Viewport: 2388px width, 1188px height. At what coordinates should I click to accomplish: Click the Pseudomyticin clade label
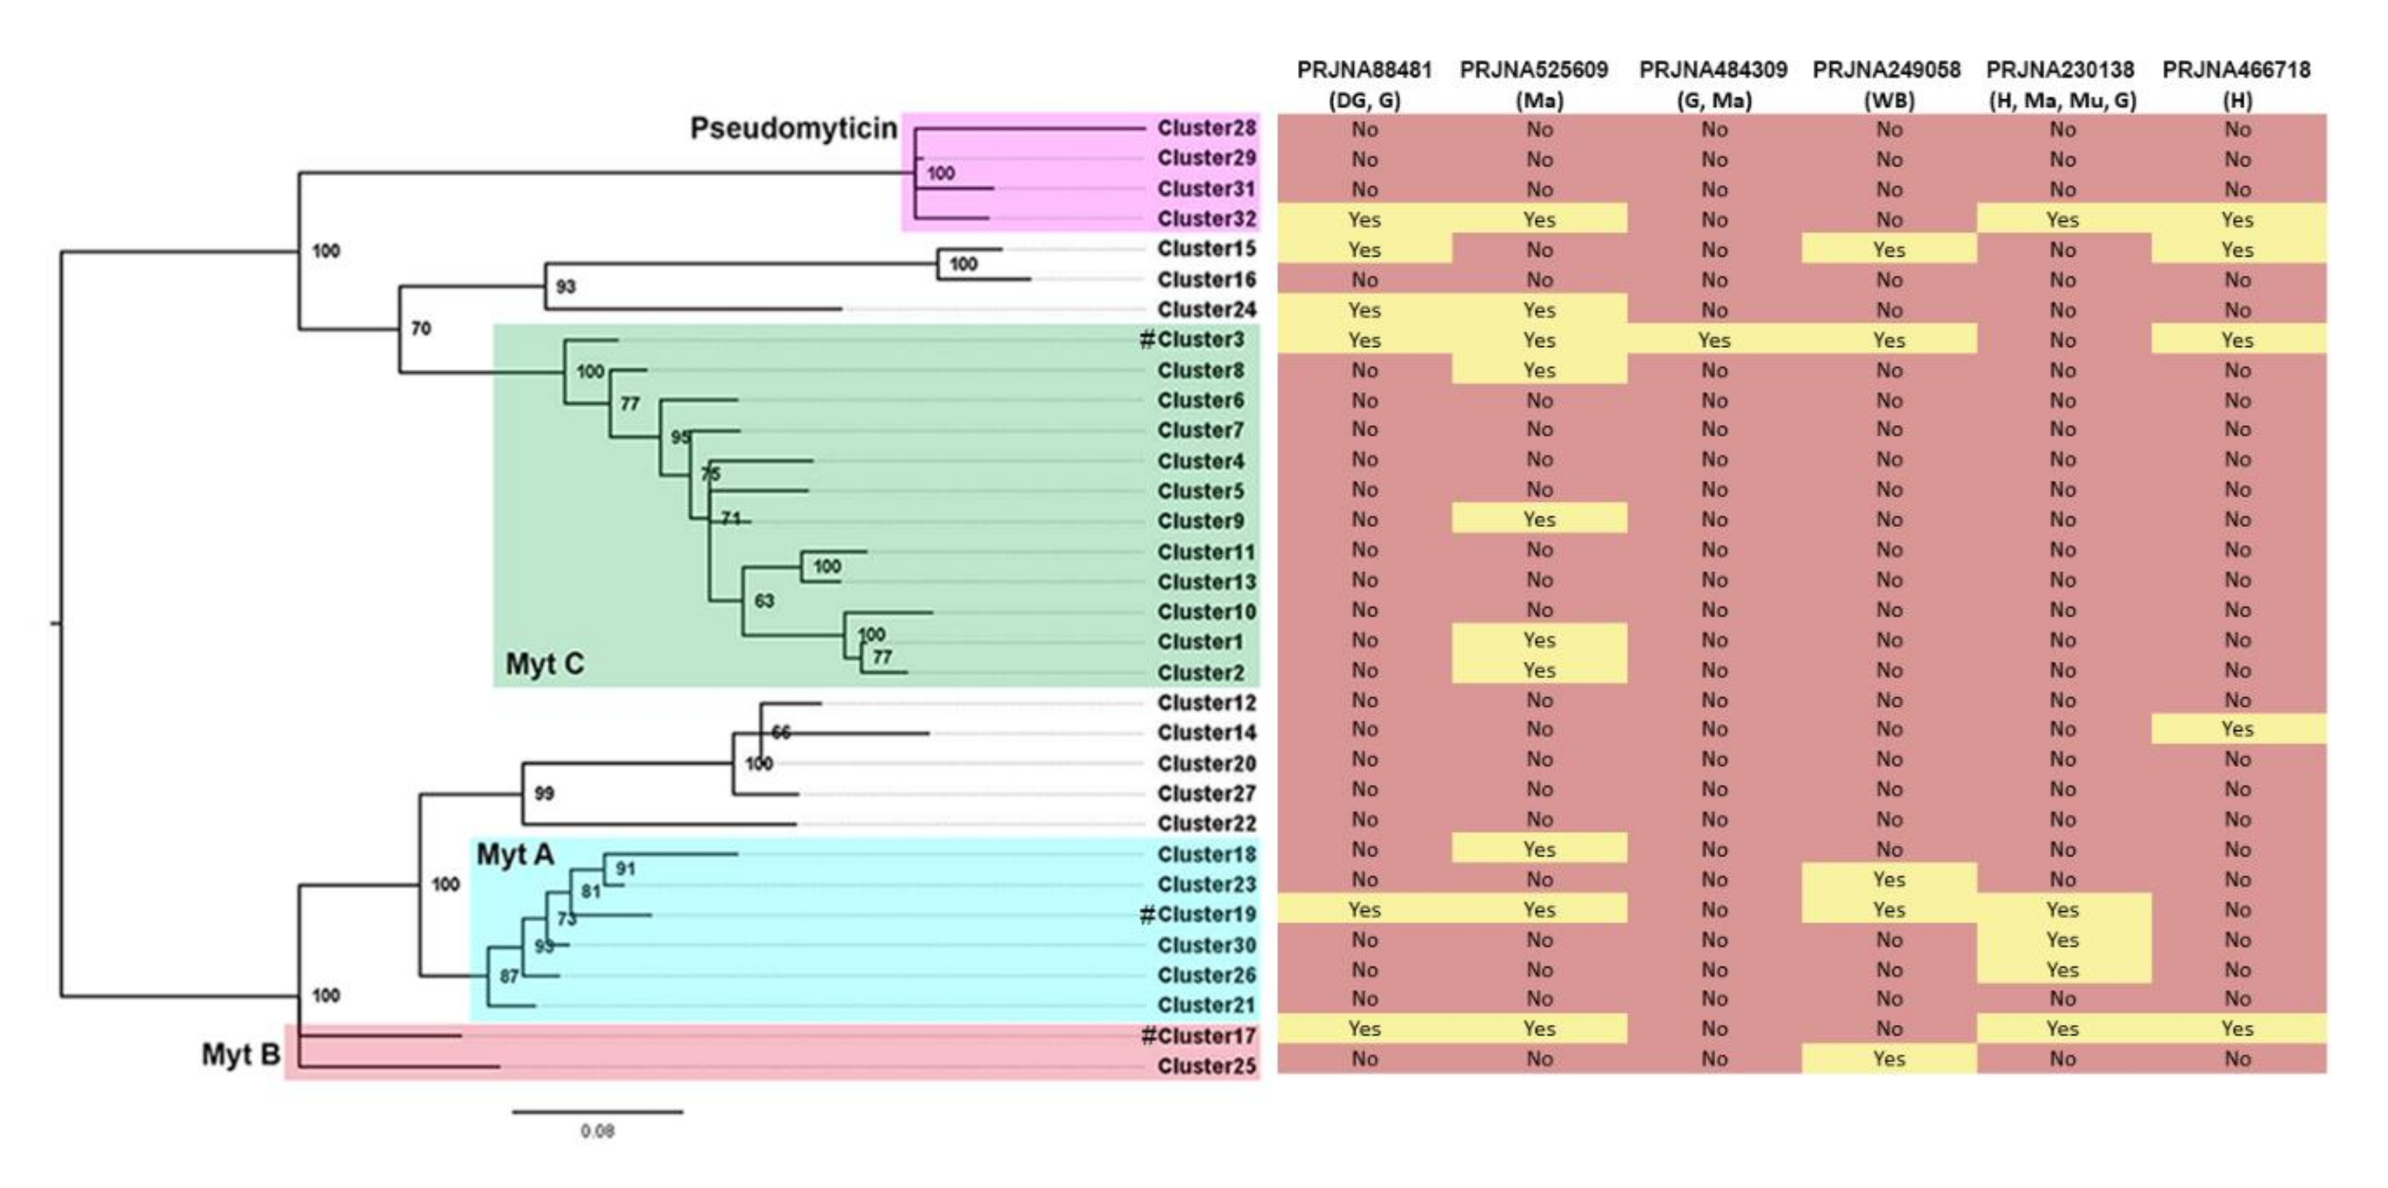793,128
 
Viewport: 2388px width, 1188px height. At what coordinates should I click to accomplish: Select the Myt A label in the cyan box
515,855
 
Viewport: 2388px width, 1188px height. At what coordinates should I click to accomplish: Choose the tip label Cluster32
1206,219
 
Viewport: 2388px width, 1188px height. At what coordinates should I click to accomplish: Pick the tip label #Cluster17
1198,1036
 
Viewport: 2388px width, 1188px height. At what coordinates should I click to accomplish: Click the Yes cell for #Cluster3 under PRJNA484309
1713,340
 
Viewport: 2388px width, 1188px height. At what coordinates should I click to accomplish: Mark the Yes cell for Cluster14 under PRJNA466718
2237,729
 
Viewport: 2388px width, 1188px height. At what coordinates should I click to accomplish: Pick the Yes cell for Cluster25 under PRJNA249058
1889,1058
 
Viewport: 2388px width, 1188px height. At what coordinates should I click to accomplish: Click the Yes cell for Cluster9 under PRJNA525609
1539,519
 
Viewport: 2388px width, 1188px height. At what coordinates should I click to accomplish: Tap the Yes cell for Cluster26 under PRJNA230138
2063,969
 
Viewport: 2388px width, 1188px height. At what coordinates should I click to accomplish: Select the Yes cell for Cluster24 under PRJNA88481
1364,310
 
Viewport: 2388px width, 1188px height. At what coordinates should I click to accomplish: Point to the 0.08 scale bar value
597,1131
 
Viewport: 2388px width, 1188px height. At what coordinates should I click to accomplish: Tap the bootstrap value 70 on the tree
421,328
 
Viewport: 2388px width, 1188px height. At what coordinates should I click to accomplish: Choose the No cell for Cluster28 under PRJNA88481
1364,130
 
